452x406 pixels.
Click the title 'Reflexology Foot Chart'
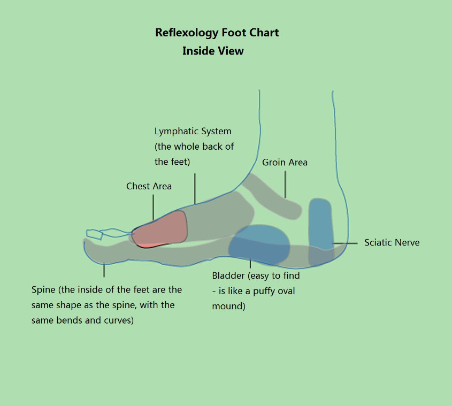(x=217, y=33)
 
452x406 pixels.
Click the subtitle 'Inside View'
(x=213, y=51)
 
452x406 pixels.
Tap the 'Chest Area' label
(x=149, y=186)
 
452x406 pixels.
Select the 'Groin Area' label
(x=285, y=162)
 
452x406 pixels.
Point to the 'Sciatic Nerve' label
(x=392, y=242)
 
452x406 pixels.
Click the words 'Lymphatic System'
(x=193, y=132)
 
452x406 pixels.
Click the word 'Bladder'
(x=228, y=275)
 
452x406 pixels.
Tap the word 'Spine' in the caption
(x=43, y=290)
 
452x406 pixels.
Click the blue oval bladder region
(x=259, y=244)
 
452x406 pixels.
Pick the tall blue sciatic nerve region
(x=321, y=232)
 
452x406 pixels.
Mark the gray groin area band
(x=273, y=196)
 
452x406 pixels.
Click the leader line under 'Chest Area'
(x=153, y=208)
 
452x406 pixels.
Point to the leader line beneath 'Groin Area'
(x=285, y=185)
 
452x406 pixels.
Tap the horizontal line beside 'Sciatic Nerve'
(x=345, y=243)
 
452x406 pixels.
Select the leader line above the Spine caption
(x=104, y=271)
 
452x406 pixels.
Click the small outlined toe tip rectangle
(x=95, y=234)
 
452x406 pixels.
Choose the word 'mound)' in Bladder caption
(x=228, y=306)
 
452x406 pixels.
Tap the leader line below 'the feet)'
(x=195, y=189)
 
